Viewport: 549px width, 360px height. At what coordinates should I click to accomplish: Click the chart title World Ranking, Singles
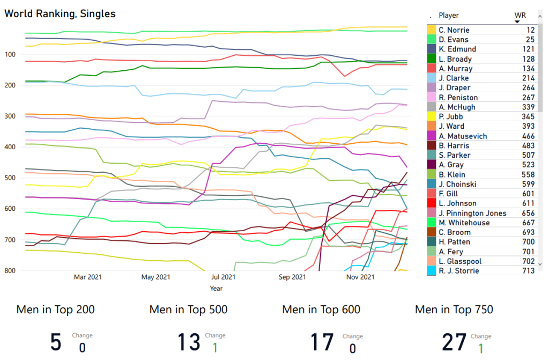pyautogui.click(x=60, y=13)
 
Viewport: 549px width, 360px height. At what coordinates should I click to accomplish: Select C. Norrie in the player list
pyautogui.click(x=454, y=30)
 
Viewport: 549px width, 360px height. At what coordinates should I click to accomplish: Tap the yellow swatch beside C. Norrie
pyautogui.click(x=431, y=30)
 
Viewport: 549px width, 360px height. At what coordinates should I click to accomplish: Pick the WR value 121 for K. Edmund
pyautogui.click(x=529, y=49)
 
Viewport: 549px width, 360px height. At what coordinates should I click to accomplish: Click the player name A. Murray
pyautogui.click(x=455, y=69)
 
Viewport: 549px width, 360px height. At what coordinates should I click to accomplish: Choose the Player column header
pyautogui.click(x=449, y=16)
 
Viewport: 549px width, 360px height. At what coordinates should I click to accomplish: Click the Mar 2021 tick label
pyautogui.click(x=88, y=277)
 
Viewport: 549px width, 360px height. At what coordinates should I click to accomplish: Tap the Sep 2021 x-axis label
pyautogui.click(x=293, y=277)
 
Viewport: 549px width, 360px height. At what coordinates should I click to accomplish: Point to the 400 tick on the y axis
pyautogui.click(x=12, y=147)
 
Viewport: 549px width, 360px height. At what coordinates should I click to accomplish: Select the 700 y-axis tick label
pyautogui.click(x=12, y=240)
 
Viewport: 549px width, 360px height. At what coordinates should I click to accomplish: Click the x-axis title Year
pyautogui.click(x=216, y=288)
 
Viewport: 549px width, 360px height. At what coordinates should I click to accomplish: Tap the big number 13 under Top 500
pyautogui.click(x=188, y=342)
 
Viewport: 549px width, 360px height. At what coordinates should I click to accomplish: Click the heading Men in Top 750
pyautogui.click(x=454, y=310)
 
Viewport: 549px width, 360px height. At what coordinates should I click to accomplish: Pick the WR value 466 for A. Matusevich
pyautogui.click(x=529, y=136)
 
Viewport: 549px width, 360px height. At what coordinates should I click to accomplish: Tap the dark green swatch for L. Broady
pyautogui.click(x=431, y=59)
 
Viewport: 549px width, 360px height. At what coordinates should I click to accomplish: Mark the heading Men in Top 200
pyautogui.click(x=56, y=310)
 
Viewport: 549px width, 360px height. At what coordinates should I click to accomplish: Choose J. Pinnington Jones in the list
pyautogui.click(x=472, y=213)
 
